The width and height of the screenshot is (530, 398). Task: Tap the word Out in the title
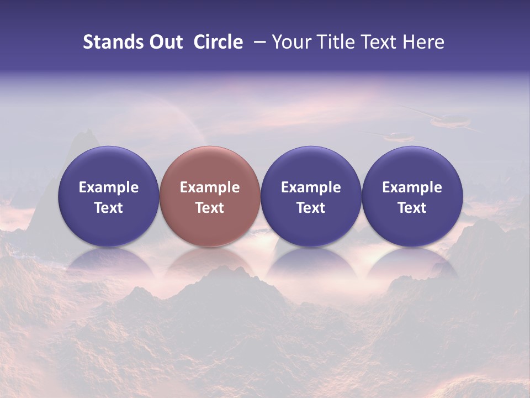[165, 42]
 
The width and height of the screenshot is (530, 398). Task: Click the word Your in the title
[291, 42]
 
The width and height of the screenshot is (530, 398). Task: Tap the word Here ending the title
[423, 42]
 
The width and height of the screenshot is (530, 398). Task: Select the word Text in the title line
[381, 42]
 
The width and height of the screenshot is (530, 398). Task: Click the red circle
[209, 196]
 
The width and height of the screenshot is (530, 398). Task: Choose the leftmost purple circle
[108, 196]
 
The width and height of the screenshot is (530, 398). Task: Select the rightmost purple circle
[412, 196]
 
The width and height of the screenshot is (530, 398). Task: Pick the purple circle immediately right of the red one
[311, 196]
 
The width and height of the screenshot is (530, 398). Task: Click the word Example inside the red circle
[210, 187]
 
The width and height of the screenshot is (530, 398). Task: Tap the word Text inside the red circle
[210, 208]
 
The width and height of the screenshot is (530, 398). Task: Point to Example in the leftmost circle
[109, 187]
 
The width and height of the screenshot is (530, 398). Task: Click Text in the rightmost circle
[412, 208]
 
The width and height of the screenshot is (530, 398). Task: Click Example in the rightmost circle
[412, 187]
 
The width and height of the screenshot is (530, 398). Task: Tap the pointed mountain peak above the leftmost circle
[86, 133]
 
